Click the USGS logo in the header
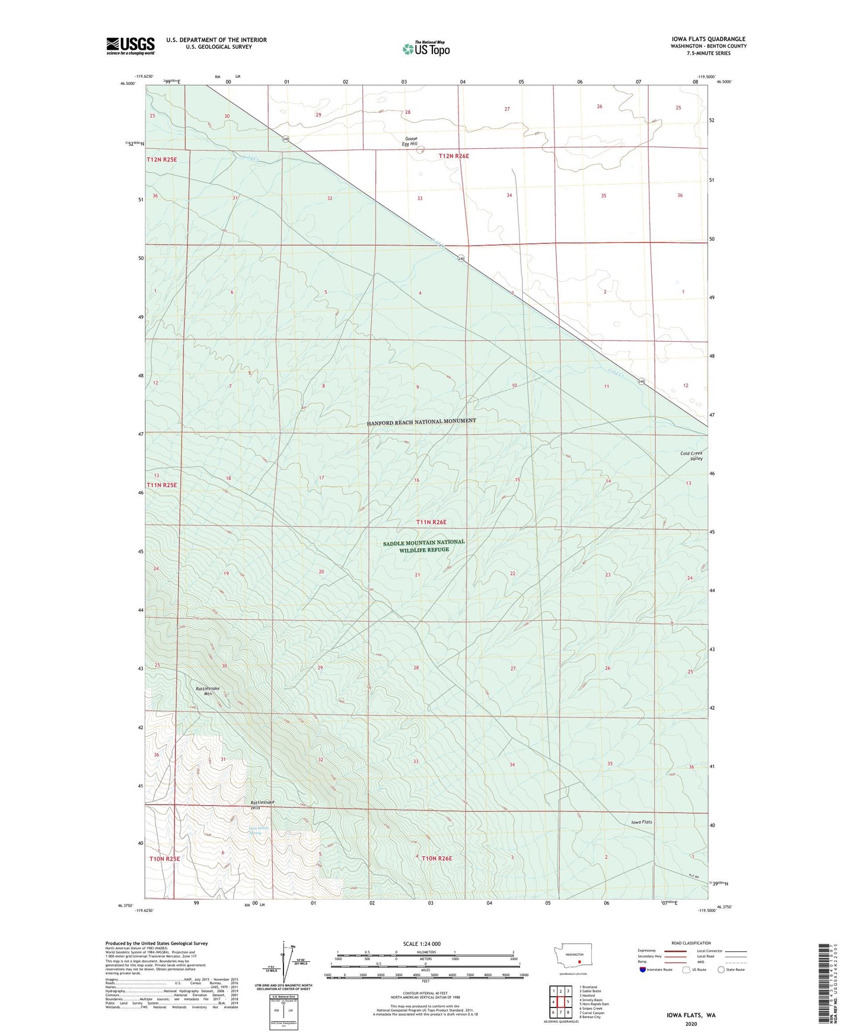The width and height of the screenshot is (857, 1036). click(130, 46)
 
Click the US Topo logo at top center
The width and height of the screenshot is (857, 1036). click(426, 49)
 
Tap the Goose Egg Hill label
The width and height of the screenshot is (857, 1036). click(409, 141)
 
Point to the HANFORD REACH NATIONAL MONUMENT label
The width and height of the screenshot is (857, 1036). click(421, 421)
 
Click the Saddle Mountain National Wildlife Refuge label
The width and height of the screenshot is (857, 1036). click(423, 546)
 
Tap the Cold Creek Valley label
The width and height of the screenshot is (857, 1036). click(691, 456)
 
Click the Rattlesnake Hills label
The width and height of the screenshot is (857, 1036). click(262, 805)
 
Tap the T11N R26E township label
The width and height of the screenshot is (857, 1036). click(431, 522)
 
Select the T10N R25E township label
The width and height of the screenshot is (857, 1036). click(164, 859)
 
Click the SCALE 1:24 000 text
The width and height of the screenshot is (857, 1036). click(422, 944)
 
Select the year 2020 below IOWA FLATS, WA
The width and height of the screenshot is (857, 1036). click(691, 1024)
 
